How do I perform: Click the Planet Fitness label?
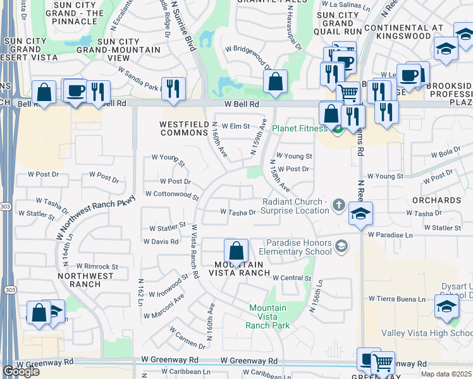pyautogui.click(x=300, y=128)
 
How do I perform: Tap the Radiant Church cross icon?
pyautogui.click(x=339, y=205)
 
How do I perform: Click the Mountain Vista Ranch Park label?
pyautogui.click(x=268, y=316)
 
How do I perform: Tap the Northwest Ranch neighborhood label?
pyautogui.click(x=85, y=280)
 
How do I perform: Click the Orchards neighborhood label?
pyautogui.click(x=435, y=200)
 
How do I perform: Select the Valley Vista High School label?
pyautogui.click(x=426, y=333)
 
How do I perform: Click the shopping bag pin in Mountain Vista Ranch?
pyautogui.click(x=236, y=251)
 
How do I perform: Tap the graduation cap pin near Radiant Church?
pyautogui.click(x=359, y=214)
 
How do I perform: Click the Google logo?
pyautogui.click(x=21, y=371)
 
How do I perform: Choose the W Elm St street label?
pyautogui.click(x=236, y=126)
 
